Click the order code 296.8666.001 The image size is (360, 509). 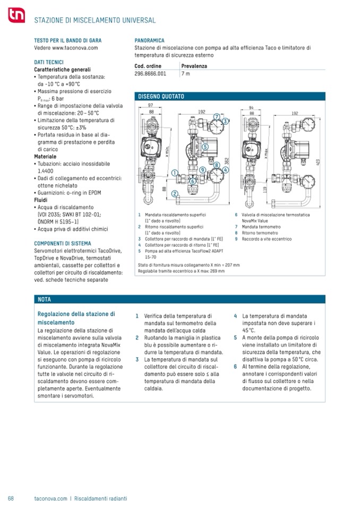pyautogui.click(x=150, y=74)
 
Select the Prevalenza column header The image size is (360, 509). pyautogui.click(x=194, y=66)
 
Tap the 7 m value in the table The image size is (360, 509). pyautogui.click(x=186, y=74)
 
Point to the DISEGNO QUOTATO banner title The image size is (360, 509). pyautogui.click(x=161, y=97)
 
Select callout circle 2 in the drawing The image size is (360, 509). pyautogui.click(x=175, y=195)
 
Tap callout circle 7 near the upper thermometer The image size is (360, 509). pyautogui.click(x=217, y=117)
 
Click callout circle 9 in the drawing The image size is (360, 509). pyautogui.click(x=203, y=170)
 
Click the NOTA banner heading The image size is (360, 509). pyautogui.click(x=44, y=299)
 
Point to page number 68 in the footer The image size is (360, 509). pyautogui.click(x=11, y=498)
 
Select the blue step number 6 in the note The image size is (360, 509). pyautogui.click(x=235, y=367)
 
